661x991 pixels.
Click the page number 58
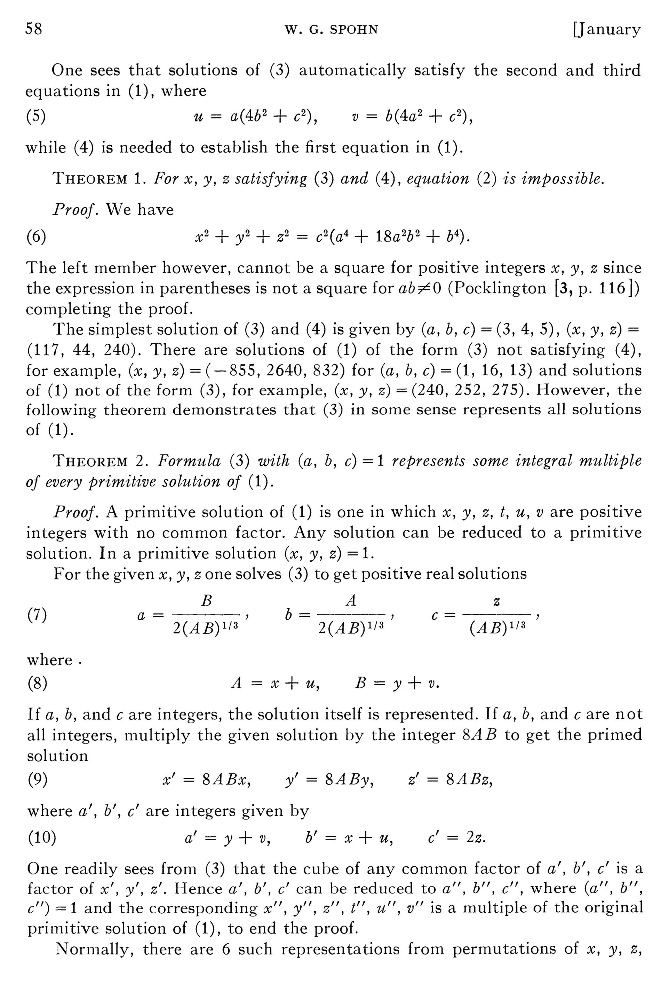coord(34,29)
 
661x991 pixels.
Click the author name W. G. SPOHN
coord(331,30)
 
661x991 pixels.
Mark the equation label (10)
coord(42,838)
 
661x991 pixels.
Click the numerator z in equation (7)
coord(496,602)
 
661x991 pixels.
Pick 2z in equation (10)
coord(476,838)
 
